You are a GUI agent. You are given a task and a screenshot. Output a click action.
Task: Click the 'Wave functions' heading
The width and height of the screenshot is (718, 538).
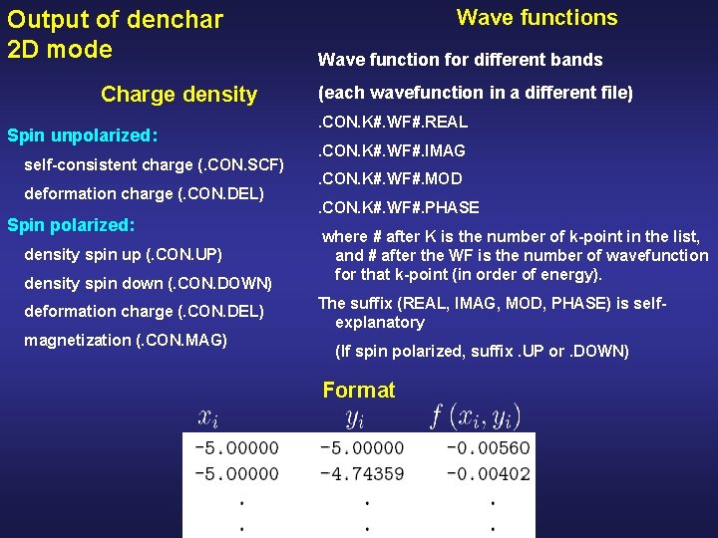pyautogui.click(x=537, y=18)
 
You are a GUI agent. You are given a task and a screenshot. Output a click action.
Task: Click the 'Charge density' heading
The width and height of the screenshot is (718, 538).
pyautogui.click(x=179, y=95)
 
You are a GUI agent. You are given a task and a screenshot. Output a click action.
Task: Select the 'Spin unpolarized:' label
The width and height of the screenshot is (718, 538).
pyautogui.click(x=84, y=134)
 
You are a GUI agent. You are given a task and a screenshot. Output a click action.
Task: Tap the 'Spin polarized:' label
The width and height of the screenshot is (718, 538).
pyautogui.click(x=71, y=225)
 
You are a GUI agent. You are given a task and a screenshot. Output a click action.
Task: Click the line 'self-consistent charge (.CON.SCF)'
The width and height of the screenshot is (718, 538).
pyautogui.click(x=155, y=163)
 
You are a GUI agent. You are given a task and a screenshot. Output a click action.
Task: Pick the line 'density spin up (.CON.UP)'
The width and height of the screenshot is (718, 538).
pyautogui.click(x=123, y=254)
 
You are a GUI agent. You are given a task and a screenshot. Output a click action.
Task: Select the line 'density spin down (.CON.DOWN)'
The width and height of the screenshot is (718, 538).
pyautogui.click(x=148, y=283)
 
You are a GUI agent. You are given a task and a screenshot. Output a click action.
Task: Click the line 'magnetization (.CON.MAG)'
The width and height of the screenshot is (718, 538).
pyautogui.click(x=126, y=340)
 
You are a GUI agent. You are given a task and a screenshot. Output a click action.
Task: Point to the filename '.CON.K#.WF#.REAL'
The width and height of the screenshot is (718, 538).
pyautogui.click(x=392, y=123)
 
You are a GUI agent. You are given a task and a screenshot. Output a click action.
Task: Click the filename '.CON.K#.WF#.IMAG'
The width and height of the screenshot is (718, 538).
pyautogui.click(x=391, y=151)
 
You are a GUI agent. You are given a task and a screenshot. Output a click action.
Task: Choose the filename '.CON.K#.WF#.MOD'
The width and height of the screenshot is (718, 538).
pyautogui.click(x=389, y=179)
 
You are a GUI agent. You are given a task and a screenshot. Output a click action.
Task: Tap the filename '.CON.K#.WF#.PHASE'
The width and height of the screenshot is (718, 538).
pyautogui.click(x=398, y=207)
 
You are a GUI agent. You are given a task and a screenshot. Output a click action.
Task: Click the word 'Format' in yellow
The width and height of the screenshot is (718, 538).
pyautogui.click(x=358, y=390)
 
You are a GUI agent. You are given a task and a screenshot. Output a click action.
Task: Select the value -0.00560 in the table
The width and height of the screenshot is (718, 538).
pyautogui.click(x=488, y=448)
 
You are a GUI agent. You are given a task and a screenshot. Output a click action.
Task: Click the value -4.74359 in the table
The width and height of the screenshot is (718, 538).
pyautogui.click(x=362, y=473)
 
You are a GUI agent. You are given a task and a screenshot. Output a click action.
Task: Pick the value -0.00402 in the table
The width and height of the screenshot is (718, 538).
pyautogui.click(x=488, y=473)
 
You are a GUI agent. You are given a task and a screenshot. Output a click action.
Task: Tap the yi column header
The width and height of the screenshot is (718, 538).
pyautogui.click(x=354, y=417)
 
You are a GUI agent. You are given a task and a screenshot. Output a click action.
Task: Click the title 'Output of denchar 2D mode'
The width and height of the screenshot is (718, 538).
pyautogui.click(x=115, y=34)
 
